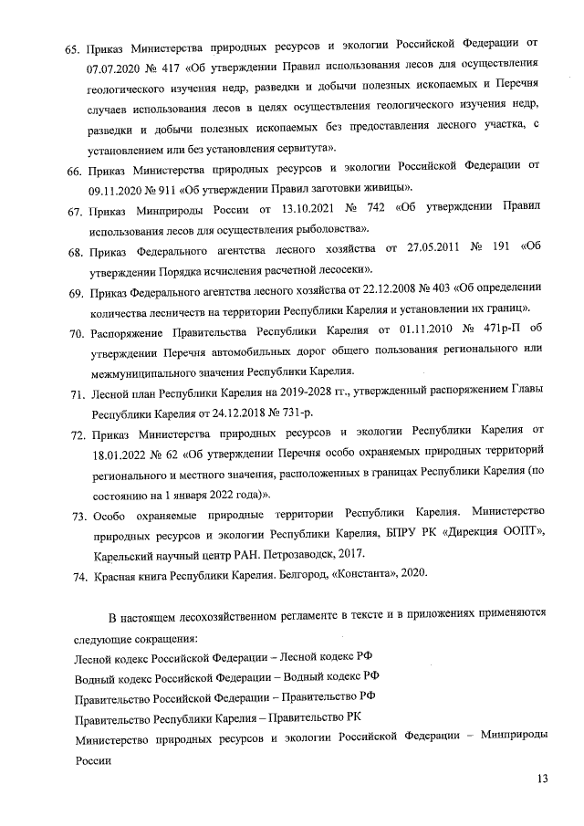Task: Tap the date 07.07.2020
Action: pos(116,68)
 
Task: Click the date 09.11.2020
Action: pos(116,191)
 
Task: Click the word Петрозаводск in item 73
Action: pos(301,553)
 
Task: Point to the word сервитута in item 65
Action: pos(308,148)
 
